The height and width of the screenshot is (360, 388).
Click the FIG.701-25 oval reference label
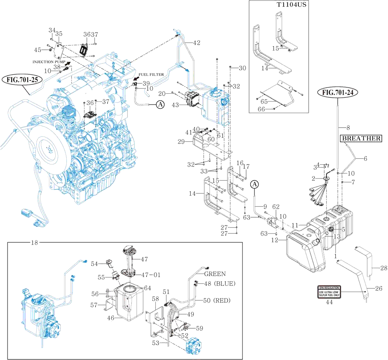(x=22, y=79)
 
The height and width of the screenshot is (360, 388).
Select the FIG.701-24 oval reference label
(x=339, y=92)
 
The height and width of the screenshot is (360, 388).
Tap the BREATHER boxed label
(x=361, y=139)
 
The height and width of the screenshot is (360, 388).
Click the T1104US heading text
(x=292, y=5)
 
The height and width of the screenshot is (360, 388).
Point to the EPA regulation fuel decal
(x=329, y=291)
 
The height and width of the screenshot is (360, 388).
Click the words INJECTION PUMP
(x=49, y=62)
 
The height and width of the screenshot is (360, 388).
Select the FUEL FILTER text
(x=151, y=75)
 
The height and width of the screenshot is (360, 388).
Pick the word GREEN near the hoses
(x=215, y=274)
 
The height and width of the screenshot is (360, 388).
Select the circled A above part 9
(x=255, y=184)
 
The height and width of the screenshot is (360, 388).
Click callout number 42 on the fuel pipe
(x=196, y=43)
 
